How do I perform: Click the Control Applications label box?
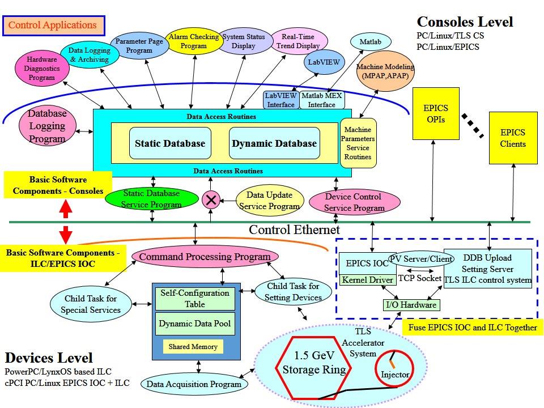point(52,25)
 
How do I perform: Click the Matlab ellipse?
point(370,42)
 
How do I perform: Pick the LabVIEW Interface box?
point(281,100)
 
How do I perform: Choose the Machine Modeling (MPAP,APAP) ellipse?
point(385,71)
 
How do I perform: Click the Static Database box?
point(170,143)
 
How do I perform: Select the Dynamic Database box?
point(274,143)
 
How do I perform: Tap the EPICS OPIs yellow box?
point(436,113)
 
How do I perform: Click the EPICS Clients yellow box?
point(512,138)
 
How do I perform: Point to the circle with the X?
point(211,200)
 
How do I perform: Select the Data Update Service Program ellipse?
point(269,201)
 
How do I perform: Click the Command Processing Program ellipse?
point(205,257)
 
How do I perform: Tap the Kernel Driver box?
point(367,280)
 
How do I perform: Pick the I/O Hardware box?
point(411,305)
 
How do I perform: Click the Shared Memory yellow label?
point(193,346)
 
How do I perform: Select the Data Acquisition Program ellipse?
point(194,384)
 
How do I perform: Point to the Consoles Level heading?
point(465,22)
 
